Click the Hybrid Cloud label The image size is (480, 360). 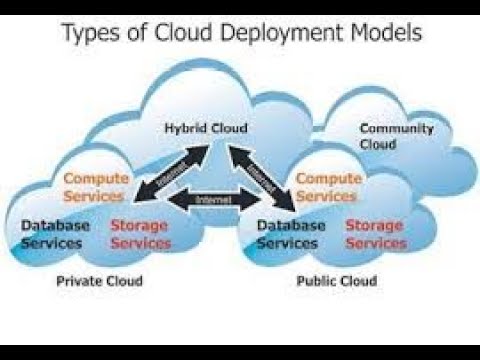pyautogui.click(x=207, y=128)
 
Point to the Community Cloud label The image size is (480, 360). pyautogui.click(x=397, y=135)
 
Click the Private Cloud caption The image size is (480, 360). pyautogui.click(x=100, y=281)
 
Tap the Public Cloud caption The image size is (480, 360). pyautogui.click(x=337, y=281)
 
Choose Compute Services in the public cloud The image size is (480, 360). pyautogui.click(x=327, y=187)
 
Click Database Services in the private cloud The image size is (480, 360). pyautogui.click(x=55, y=234)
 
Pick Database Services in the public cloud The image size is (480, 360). pyautogui.click(x=291, y=234)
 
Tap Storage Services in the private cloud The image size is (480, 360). pyautogui.click(x=140, y=234)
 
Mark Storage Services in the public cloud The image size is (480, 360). pyautogui.click(x=376, y=234)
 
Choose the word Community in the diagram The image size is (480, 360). pyautogui.click(x=397, y=128)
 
